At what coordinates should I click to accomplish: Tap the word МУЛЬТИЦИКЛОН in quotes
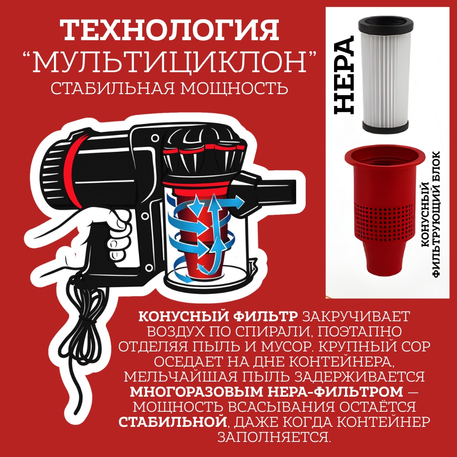coord(170,62)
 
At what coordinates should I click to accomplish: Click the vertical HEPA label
coord(344,75)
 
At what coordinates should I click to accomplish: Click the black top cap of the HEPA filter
coord(386,24)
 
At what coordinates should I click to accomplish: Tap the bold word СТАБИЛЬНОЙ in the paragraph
coord(173,422)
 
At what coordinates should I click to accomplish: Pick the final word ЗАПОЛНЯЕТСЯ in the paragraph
coord(274,437)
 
